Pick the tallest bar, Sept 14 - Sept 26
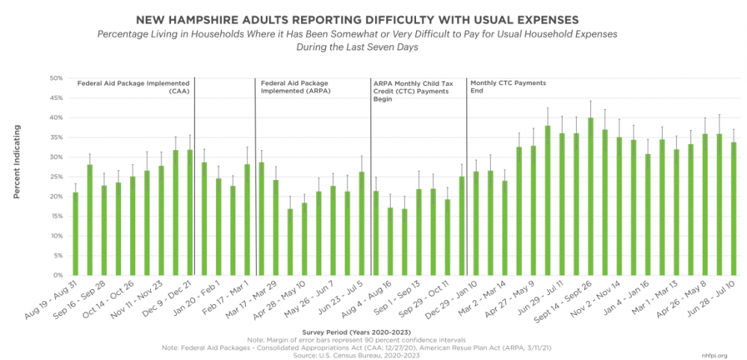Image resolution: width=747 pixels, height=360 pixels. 590,196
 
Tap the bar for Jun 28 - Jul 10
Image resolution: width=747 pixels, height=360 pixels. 734,208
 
